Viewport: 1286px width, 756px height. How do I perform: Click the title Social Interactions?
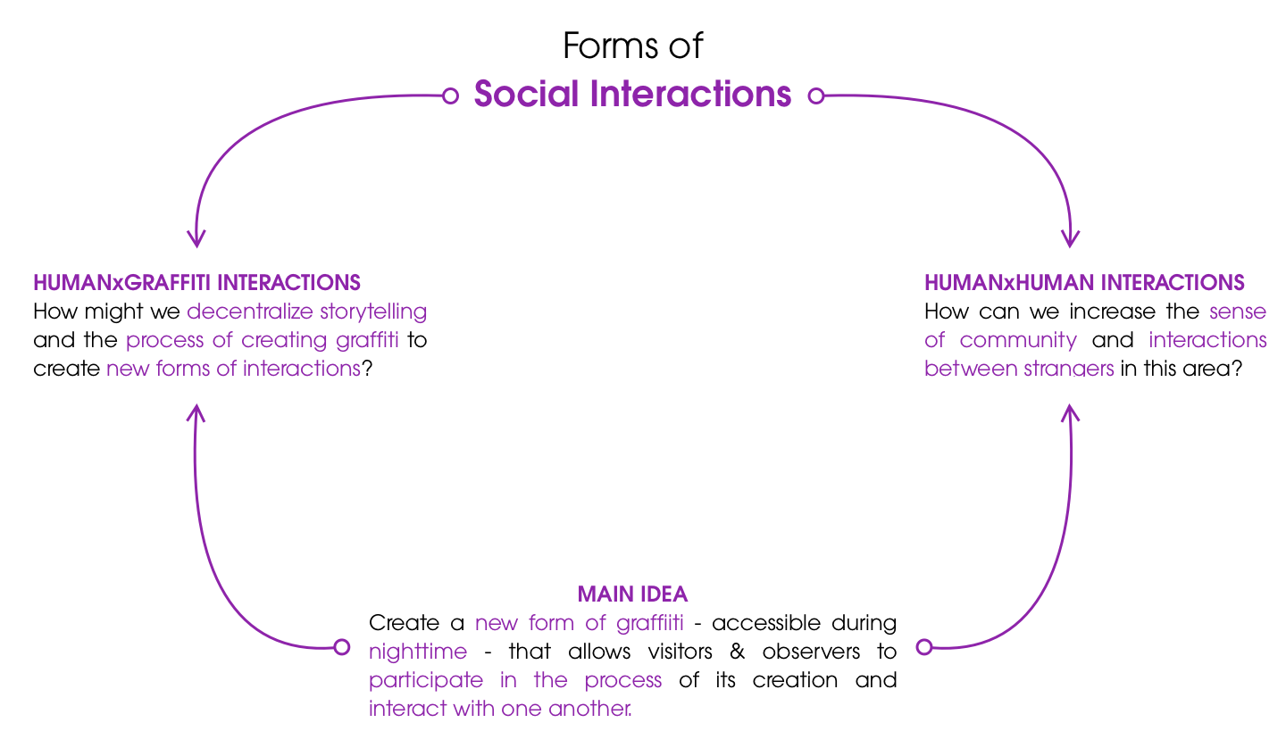coord(632,94)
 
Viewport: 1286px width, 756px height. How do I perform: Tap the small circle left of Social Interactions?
coord(451,96)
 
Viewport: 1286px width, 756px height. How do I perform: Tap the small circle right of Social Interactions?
coord(815,96)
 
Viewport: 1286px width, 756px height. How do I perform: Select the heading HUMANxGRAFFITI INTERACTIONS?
coord(196,283)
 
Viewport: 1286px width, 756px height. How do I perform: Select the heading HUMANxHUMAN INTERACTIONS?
coord(1084,283)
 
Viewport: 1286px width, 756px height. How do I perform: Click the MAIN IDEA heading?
coord(632,594)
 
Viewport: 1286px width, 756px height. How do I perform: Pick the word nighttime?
coord(418,652)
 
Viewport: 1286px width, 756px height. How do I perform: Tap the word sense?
coord(1238,312)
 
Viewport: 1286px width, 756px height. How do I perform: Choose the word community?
coord(1018,341)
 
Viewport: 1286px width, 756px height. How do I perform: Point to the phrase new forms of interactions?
coord(234,370)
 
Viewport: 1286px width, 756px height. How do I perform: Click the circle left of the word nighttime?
coord(341,647)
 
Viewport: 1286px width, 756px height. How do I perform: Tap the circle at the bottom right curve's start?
coord(924,646)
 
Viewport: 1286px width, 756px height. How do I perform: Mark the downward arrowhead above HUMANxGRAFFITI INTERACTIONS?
coord(196,239)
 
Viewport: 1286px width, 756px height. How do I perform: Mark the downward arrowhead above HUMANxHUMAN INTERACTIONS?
coord(1071,239)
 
